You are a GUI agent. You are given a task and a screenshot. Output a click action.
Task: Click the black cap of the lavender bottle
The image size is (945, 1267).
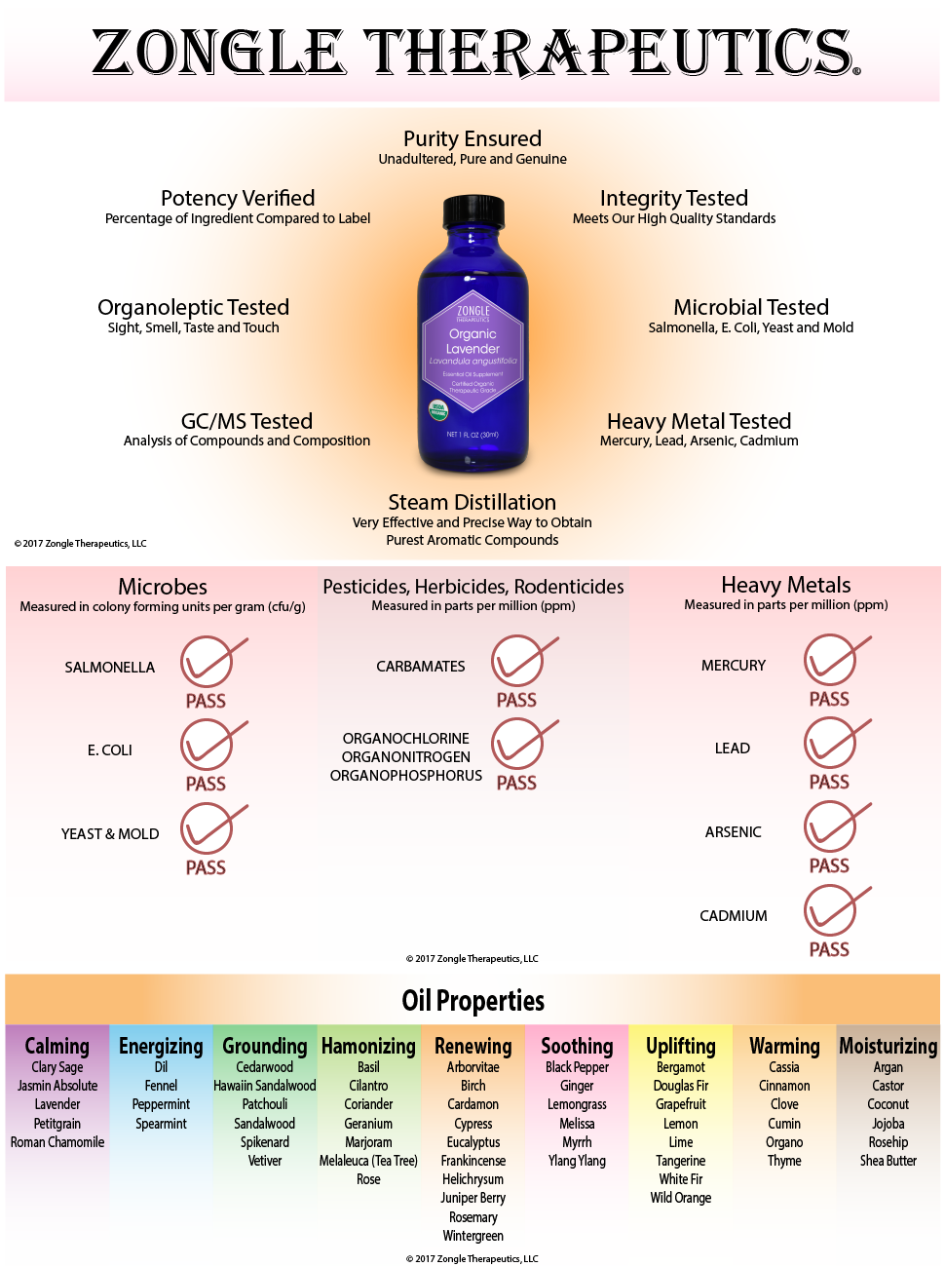473,211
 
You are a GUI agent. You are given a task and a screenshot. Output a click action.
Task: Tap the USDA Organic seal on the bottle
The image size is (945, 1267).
438,408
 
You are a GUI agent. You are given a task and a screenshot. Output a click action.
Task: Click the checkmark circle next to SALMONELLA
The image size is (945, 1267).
208,663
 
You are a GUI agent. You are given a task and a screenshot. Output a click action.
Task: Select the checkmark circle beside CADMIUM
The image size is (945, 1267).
830,911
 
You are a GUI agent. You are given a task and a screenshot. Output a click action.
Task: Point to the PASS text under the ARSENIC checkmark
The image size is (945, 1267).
829,865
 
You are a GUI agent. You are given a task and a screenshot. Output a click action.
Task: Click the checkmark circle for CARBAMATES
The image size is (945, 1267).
517,662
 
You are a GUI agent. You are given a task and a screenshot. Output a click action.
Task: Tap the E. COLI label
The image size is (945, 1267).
110,750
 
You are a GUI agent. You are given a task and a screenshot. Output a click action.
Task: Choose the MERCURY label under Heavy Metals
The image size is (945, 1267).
734,666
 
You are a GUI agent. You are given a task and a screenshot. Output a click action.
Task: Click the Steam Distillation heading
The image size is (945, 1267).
472,503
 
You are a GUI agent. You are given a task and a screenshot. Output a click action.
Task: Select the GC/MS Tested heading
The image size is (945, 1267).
246,421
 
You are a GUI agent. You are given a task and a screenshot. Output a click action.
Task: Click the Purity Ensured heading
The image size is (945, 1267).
472,139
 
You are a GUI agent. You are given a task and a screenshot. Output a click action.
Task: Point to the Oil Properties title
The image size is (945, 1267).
472,1001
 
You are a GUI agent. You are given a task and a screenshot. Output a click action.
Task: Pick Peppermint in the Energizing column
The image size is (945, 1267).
161,1104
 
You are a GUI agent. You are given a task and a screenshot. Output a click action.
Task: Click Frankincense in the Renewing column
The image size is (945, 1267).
473,1161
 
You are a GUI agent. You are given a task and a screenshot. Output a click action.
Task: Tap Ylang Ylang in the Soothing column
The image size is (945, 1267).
577,1161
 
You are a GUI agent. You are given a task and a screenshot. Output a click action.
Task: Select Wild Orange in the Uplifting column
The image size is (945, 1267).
681,1198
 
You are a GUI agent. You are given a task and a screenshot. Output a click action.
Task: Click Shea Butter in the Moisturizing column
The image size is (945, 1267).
888,1161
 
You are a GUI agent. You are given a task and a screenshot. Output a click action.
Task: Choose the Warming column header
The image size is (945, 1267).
784,1047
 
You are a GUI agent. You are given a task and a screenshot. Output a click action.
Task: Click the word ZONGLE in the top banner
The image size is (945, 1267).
218,53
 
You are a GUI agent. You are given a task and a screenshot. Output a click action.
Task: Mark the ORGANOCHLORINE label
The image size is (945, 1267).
406,739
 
